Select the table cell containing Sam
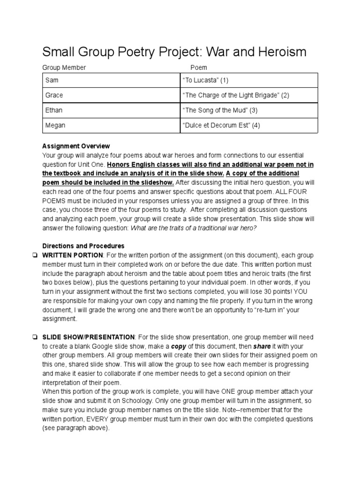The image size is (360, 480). (x=111, y=80)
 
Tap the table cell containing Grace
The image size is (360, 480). (x=111, y=95)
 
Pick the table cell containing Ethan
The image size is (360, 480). (x=111, y=110)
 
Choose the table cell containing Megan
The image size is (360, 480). (x=111, y=125)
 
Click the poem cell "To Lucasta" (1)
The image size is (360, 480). (x=249, y=80)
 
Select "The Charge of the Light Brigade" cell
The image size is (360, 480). (x=249, y=95)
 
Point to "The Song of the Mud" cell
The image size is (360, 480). (x=249, y=110)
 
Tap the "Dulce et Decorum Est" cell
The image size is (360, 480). (x=249, y=125)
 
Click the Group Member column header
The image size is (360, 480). (x=64, y=67)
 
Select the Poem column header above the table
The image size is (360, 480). (x=199, y=67)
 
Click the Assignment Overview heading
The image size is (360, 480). (x=76, y=146)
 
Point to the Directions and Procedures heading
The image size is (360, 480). (x=83, y=246)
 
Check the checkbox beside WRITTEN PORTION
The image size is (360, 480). (x=35, y=255)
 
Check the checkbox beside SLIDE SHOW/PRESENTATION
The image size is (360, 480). (x=35, y=337)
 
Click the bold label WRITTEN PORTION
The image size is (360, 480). (x=72, y=255)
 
